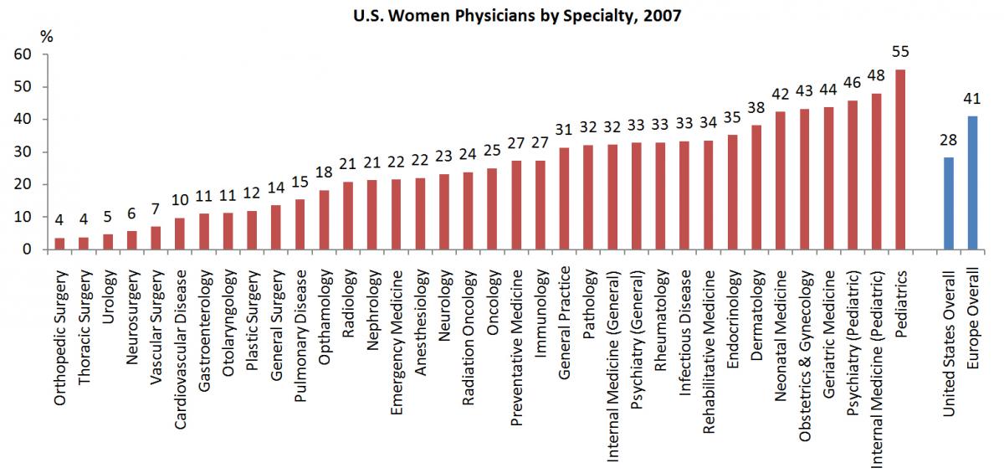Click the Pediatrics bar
pyautogui.click(x=900, y=160)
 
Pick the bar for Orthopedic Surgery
pyautogui.click(x=60, y=244)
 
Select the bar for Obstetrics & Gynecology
pyautogui.click(x=804, y=179)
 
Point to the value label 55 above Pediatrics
pyautogui.click(x=900, y=52)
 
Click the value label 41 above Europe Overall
pyautogui.click(x=972, y=99)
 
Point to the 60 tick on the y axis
pyautogui.click(x=23, y=54)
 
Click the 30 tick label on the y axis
pyautogui.click(x=23, y=152)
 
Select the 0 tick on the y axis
pyautogui.click(x=28, y=249)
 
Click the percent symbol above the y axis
pyautogui.click(x=47, y=36)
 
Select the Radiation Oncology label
pyautogui.click(x=469, y=336)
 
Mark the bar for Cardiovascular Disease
pyautogui.click(x=180, y=234)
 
